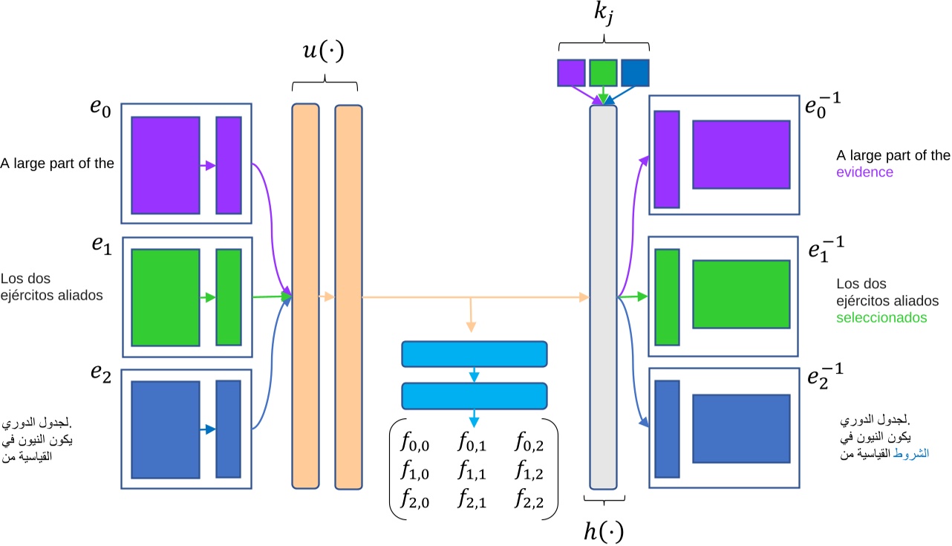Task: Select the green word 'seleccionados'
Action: click(882, 317)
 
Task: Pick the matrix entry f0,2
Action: click(529, 444)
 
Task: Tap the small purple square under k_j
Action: click(572, 73)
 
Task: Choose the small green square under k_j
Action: click(604, 73)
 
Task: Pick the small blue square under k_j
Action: click(635, 73)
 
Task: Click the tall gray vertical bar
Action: click(603, 297)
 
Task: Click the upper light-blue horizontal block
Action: click(474, 354)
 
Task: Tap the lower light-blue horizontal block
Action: click(474, 396)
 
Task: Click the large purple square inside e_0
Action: click(166, 165)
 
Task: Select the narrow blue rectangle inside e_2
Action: click(228, 429)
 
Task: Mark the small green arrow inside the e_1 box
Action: click(208, 298)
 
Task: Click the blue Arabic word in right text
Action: click(913, 452)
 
